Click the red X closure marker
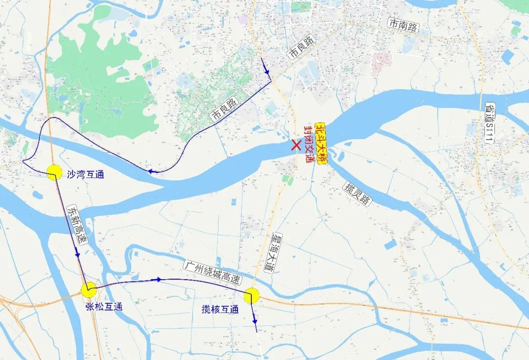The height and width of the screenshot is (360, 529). (x=296, y=145)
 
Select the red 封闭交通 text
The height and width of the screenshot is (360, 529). (x=309, y=144)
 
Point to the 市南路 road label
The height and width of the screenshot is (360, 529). (x=403, y=25)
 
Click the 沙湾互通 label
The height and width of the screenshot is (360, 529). (x=85, y=174)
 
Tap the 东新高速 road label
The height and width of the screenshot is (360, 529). (x=76, y=226)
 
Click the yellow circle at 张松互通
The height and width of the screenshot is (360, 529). (x=89, y=290)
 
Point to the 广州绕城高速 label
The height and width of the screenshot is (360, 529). (x=213, y=273)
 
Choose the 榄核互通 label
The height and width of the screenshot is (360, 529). (x=220, y=310)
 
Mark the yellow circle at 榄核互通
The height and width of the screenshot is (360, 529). (x=251, y=295)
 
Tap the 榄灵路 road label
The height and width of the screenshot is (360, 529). (x=358, y=193)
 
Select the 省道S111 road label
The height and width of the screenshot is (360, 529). (x=490, y=122)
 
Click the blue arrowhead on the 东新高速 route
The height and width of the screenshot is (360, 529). (x=77, y=254)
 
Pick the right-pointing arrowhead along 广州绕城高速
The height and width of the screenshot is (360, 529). (x=159, y=279)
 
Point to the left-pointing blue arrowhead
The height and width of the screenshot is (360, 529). (x=152, y=171)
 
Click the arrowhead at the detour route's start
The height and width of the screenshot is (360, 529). (x=267, y=72)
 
